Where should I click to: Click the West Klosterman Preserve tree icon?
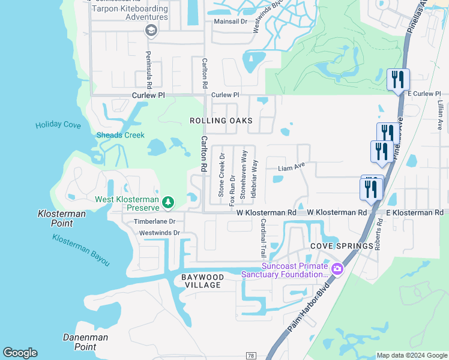[169, 202]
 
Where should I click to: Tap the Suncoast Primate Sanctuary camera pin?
[337, 269]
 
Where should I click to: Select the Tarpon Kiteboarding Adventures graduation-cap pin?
[151, 30]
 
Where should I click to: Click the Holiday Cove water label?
[58, 125]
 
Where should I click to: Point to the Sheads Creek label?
[120, 135]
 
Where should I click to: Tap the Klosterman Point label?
[61, 218]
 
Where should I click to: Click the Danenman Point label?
[85, 342]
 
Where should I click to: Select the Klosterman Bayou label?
[80, 250]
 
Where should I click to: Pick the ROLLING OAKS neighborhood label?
[221, 121]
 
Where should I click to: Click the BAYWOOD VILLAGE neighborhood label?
[203, 281]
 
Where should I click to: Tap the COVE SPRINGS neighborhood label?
[334, 246]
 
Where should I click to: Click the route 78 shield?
[251, 356]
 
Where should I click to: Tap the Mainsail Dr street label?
[231, 21]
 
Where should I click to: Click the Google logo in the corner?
[20, 353]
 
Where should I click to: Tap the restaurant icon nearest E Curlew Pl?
[398, 80]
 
